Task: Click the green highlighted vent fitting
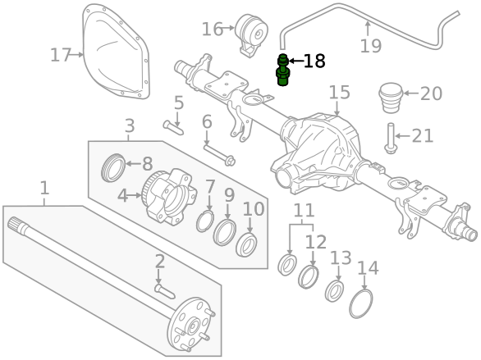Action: coord(282,70)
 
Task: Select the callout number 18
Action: coord(314,61)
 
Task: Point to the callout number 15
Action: coord(339,92)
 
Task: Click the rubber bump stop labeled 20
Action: coord(391,98)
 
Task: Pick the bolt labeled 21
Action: coord(391,139)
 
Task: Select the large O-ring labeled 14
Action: coord(361,303)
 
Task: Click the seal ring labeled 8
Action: coord(113,167)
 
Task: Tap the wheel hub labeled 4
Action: coord(169,197)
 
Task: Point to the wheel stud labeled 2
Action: coord(165,291)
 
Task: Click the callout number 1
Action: coord(45,188)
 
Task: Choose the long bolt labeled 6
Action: coord(219,155)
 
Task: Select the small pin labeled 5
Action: coord(173,128)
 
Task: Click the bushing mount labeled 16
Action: coord(251,34)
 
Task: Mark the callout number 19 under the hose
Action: coord(370,46)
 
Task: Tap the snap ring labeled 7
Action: coord(205,221)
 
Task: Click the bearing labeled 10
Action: coord(246,245)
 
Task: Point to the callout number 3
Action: coord(130,125)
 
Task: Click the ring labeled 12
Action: coord(309,276)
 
